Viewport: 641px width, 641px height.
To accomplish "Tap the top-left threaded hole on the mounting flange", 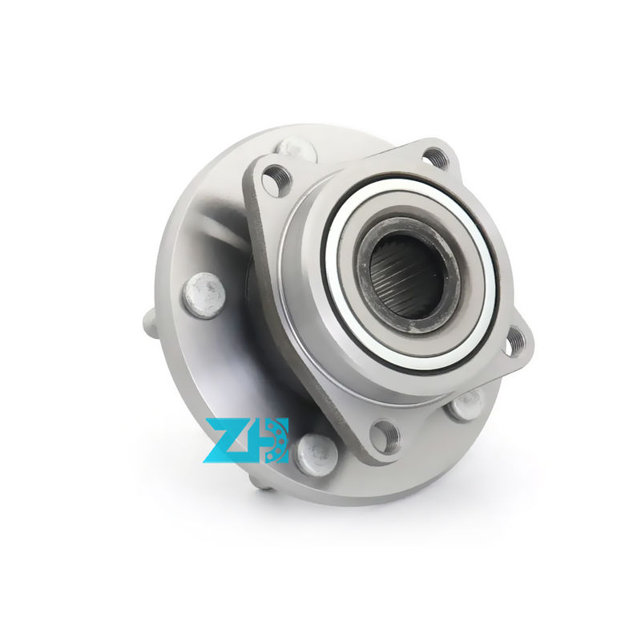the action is (x=276, y=179).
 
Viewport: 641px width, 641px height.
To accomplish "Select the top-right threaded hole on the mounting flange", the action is (x=435, y=157).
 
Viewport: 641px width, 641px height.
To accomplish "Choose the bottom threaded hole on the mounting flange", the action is (x=385, y=437).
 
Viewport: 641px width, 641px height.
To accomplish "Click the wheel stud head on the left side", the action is (x=204, y=296).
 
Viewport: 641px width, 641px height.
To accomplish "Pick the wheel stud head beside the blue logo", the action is (x=316, y=455).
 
